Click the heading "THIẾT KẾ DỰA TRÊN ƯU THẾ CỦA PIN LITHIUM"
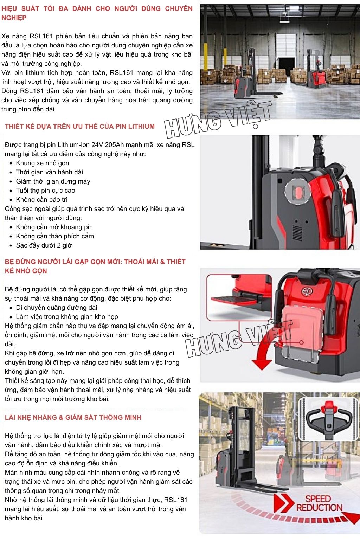click(x=80, y=126)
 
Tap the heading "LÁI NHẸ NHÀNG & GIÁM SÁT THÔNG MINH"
click(x=73, y=417)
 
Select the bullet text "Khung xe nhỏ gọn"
click(x=43, y=163)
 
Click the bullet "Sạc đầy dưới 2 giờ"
click(x=44, y=245)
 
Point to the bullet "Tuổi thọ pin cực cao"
click(x=46, y=191)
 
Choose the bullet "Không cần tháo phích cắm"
click(x=55, y=236)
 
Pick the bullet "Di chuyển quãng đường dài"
click(x=57, y=308)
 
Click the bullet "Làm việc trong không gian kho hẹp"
click(x=67, y=317)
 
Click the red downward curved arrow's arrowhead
click(x=262, y=364)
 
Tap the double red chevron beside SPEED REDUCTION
click(x=284, y=503)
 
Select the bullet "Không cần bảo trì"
click(x=42, y=200)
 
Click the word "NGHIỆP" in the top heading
click(x=14, y=18)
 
